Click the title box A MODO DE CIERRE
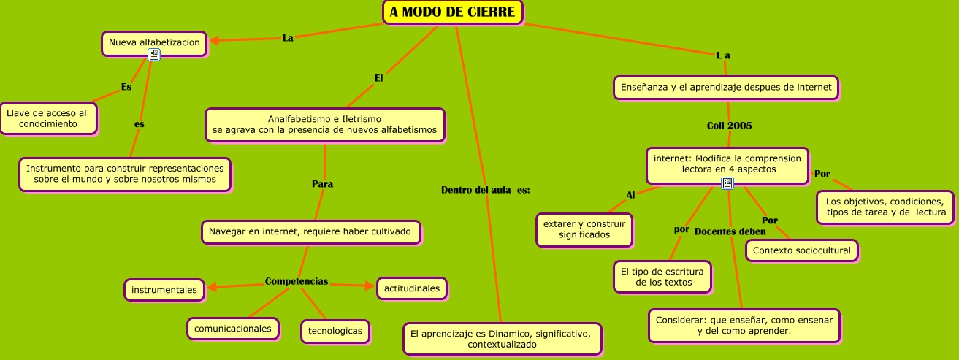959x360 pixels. pos(453,12)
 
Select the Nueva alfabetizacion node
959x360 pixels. pos(153,43)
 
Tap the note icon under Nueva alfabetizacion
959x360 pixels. pos(154,55)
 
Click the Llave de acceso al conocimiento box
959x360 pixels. pos(47,118)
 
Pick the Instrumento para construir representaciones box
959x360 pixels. pos(125,174)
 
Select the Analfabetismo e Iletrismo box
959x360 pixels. pos(324,125)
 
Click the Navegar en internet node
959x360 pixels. pos(310,232)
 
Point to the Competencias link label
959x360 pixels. pos(297,281)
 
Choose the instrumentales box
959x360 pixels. pos(164,290)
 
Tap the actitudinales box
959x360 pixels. pos(411,288)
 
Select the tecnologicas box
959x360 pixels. pos(335,331)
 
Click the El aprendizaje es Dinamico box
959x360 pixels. pos(502,339)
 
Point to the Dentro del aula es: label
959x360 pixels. pos(485,190)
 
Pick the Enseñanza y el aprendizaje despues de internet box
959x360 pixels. pos(725,88)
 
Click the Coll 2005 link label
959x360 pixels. pos(729,126)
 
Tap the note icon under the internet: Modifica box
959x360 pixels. pos(727,184)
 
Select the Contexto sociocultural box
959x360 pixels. pos(801,250)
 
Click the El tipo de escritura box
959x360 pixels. pos(662,277)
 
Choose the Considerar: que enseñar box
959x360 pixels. pos(744,326)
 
